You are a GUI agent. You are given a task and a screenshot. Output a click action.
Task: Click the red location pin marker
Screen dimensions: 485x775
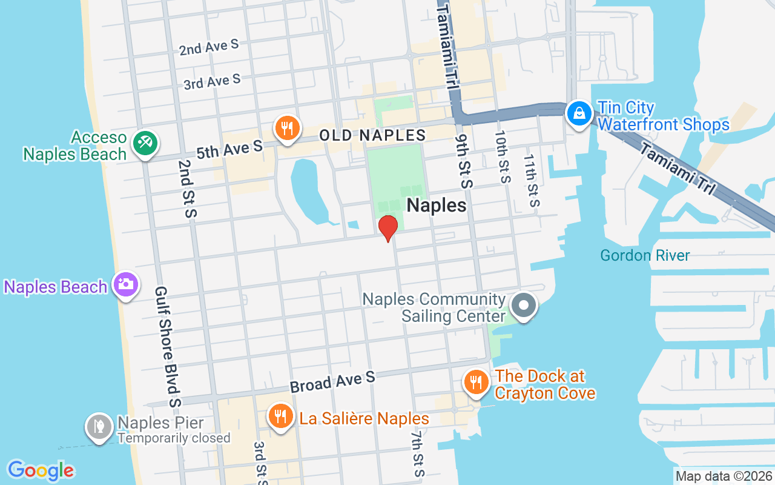coord(387,228)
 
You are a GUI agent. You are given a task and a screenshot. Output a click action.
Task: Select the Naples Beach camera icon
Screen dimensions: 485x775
coord(125,285)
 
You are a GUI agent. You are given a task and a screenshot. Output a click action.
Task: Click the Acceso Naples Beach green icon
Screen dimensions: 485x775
coord(145,144)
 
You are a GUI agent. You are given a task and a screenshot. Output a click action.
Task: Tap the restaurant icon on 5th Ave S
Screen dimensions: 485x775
coord(287,129)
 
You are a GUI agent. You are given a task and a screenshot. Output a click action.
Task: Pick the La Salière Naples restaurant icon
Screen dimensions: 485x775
coord(280,417)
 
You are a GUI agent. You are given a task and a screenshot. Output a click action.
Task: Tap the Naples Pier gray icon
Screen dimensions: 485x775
coord(99,427)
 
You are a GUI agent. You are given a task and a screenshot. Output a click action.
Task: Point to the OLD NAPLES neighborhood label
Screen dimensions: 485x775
coord(372,135)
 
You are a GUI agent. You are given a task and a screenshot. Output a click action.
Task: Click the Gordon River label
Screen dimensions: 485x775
coord(645,255)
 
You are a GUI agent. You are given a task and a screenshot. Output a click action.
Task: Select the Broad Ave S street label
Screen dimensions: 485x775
coord(332,382)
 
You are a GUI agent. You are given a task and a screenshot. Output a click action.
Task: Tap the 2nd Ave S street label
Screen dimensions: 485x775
coord(208,48)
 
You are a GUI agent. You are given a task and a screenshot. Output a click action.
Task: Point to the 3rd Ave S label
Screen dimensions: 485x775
coord(212,81)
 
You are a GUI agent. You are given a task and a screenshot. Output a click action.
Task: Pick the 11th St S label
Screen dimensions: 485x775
coord(532,180)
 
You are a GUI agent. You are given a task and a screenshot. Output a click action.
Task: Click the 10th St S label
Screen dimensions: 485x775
coord(503,157)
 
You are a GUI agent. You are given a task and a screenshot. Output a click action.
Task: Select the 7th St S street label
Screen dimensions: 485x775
coord(417,454)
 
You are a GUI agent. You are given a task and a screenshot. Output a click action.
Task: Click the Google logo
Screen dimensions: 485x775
coord(41,470)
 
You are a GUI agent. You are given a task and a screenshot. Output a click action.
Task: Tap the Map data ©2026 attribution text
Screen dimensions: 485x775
coord(724,477)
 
